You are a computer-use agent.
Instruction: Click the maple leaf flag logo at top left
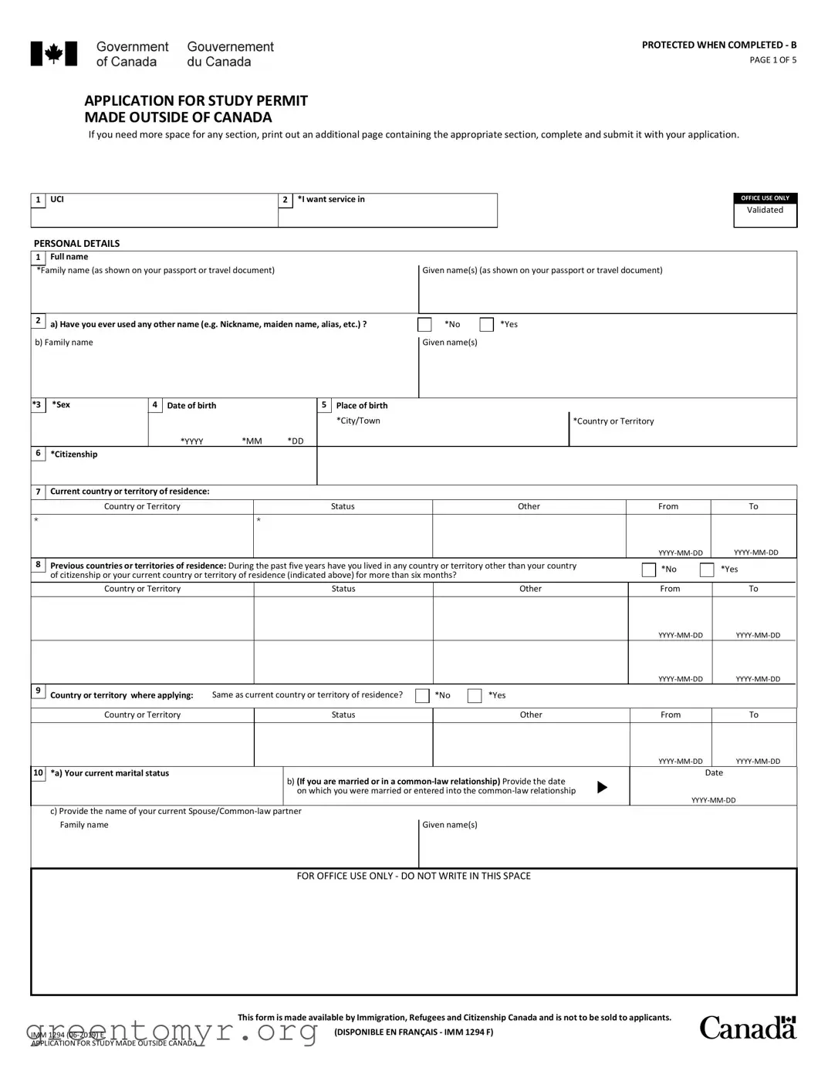(53, 54)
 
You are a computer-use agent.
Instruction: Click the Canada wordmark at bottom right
(747, 1028)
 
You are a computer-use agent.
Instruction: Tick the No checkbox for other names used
(424, 325)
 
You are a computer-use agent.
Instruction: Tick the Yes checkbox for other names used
(486, 325)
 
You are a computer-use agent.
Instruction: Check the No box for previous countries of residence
(649, 569)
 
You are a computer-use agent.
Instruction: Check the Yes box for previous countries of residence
(707, 569)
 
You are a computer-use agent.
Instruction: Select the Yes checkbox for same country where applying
(475, 696)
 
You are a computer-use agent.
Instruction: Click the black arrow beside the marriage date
(603, 787)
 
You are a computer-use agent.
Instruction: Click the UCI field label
(57, 199)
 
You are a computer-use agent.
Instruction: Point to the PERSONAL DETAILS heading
(76, 243)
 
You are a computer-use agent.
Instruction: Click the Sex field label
(61, 404)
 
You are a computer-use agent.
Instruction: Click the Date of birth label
(191, 405)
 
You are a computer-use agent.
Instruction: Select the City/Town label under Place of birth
(358, 421)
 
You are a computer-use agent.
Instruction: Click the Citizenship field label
(74, 454)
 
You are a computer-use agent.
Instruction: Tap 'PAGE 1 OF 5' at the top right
(772, 60)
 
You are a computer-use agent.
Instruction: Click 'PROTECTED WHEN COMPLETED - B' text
(718, 45)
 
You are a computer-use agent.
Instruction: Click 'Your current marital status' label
(116, 773)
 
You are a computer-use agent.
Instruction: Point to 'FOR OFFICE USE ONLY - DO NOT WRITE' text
(414, 876)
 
